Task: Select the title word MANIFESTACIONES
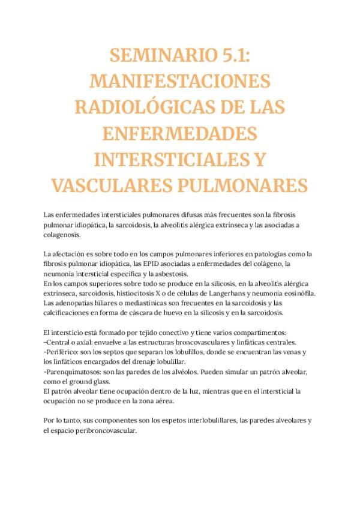click(179, 82)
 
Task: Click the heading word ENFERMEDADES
click(179, 133)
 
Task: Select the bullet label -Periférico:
click(63, 352)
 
